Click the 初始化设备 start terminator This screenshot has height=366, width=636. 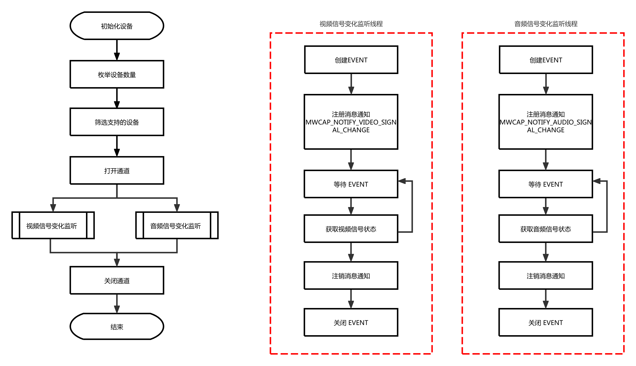(x=117, y=26)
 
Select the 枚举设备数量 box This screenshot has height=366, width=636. (x=117, y=75)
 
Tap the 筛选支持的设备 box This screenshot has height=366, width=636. (x=117, y=122)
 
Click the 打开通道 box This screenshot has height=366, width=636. (x=117, y=171)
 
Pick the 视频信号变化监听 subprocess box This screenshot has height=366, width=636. (x=53, y=225)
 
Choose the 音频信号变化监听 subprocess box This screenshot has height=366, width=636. (x=177, y=225)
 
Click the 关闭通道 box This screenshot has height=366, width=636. (x=117, y=280)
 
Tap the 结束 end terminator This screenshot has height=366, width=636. (x=117, y=326)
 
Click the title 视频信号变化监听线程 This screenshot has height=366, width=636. (x=351, y=24)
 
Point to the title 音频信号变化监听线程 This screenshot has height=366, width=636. (x=545, y=24)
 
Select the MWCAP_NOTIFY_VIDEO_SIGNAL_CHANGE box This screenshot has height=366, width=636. (x=351, y=122)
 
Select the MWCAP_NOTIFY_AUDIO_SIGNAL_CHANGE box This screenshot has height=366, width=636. (x=545, y=122)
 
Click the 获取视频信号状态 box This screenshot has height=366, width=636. (x=351, y=229)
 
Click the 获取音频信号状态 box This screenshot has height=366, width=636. (x=545, y=229)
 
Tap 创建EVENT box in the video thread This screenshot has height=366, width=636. (x=351, y=60)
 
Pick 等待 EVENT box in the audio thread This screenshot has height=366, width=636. (x=545, y=184)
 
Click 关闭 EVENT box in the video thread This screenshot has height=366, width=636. (x=351, y=322)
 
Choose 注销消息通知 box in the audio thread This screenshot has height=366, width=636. (x=545, y=276)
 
